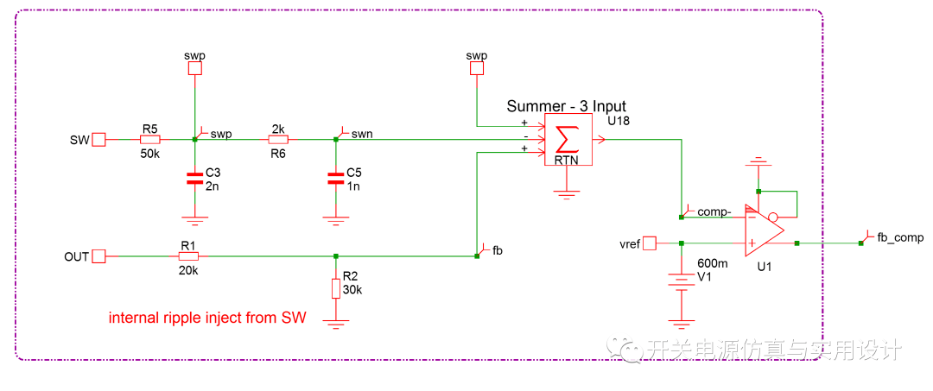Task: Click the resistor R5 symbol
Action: pyautogui.click(x=150, y=139)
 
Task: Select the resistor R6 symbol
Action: pyautogui.click(x=277, y=139)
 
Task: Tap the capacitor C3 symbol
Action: pyautogui.click(x=195, y=180)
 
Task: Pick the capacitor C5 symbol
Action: pyautogui.click(x=335, y=180)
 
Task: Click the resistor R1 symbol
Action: pyautogui.click(x=188, y=256)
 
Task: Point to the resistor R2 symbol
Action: pyautogui.click(x=335, y=287)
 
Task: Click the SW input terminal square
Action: pyautogui.click(x=98, y=139)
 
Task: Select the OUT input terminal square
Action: pyautogui.click(x=98, y=256)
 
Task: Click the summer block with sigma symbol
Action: pyautogui.click(x=567, y=141)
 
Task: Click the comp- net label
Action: pyautogui.click(x=714, y=211)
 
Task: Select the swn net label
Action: pyautogui.click(x=361, y=134)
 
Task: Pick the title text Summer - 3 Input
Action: pyautogui.click(x=567, y=106)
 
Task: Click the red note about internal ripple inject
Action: pyautogui.click(x=207, y=318)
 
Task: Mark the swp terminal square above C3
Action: pyautogui.click(x=195, y=69)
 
